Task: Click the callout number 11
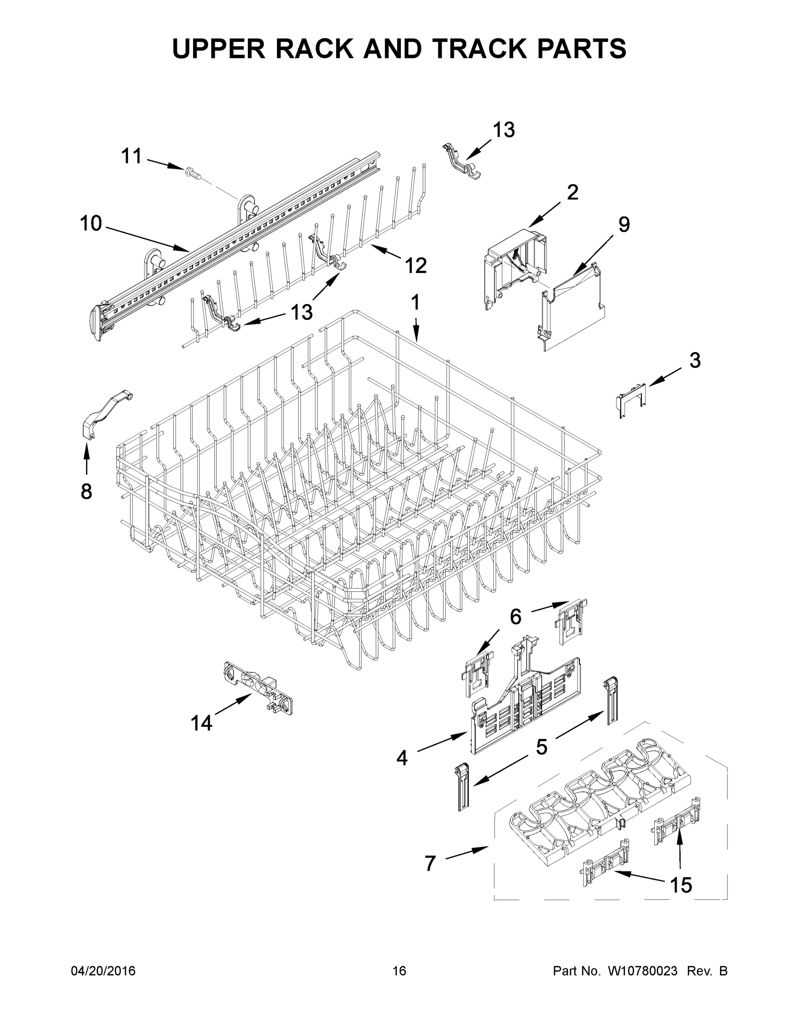click(x=132, y=156)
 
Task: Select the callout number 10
click(x=91, y=223)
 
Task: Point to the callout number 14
click(x=201, y=723)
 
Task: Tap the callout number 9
click(x=624, y=224)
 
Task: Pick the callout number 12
click(x=416, y=266)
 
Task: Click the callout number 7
click(x=430, y=863)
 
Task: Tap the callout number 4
click(x=401, y=759)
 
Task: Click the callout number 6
click(x=515, y=616)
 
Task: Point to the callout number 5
click(x=541, y=746)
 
